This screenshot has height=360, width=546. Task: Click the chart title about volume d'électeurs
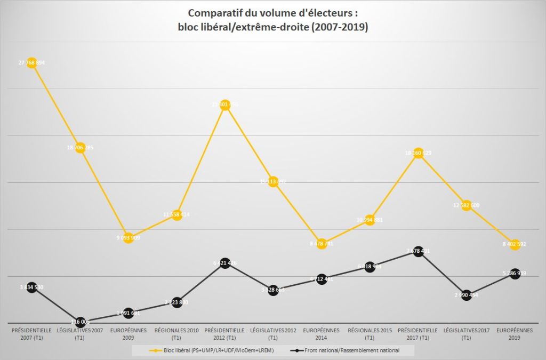(x=273, y=19)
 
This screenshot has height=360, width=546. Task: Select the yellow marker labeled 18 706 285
(x=80, y=148)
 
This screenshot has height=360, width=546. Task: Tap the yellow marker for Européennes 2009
(x=128, y=238)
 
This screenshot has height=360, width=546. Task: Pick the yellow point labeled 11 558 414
(x=177, y=215)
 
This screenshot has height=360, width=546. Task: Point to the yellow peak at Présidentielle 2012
(x=225, y=105)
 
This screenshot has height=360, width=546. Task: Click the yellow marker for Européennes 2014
(x=322, y=244)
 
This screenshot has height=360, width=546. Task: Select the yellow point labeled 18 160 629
(x=419, y=153)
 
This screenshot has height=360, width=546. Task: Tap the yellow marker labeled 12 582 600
(x=467, y=206)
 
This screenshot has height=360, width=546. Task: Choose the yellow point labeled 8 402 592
(x=515, y=244)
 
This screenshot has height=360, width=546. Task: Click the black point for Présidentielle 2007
(x=31, y=287)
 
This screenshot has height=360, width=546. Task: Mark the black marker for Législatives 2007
(x=80, y=322)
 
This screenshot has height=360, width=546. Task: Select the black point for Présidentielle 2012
(x=225, y=263)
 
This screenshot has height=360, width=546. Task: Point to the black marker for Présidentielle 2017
(x=419, y=251)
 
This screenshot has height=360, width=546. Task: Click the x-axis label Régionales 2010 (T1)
(x=176, y=334)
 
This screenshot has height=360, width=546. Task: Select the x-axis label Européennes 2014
(x=322, y=334)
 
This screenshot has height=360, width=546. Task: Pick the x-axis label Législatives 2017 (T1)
(x=467, y=334)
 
